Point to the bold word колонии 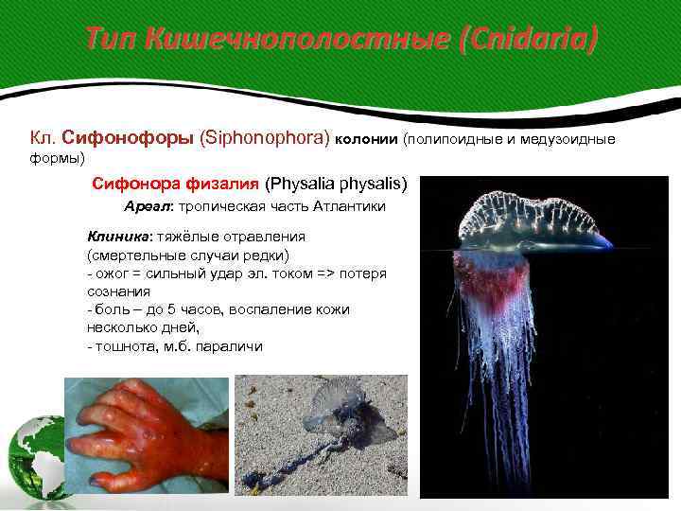click(367, 140)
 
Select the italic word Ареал click(147, 206)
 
